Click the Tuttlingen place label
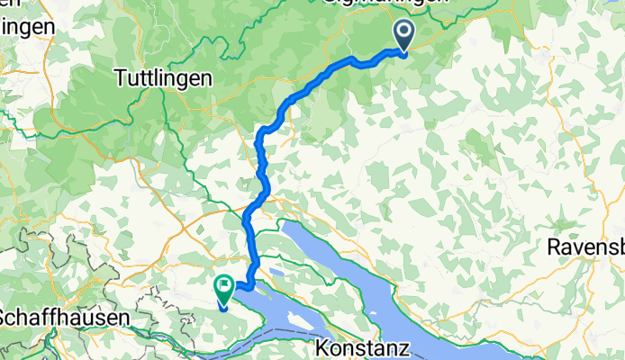click(x=164, y=78)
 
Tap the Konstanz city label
click(x=365, y=346)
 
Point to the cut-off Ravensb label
click(x=586, y=247)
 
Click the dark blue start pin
click(x=402, y=35)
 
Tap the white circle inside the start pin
click(x=402, y=31)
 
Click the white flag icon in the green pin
click(x=222, y=285)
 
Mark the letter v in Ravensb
click(x=581, y=247)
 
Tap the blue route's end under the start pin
click(x=403, y=52)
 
